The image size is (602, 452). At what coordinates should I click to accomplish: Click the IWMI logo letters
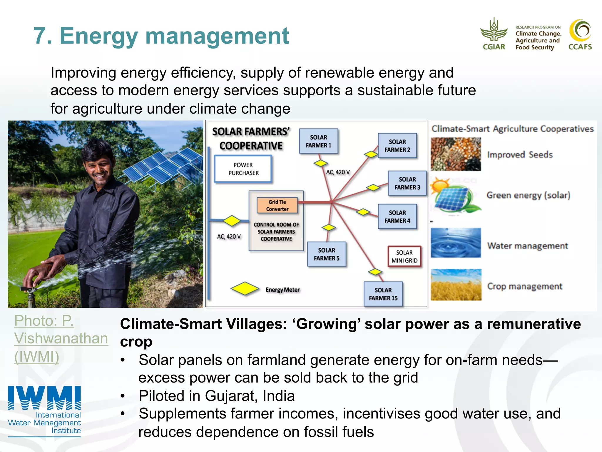pos(44,398)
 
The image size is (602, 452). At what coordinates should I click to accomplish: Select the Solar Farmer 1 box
pos(318,141)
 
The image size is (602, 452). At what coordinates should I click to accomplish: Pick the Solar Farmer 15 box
pos(383,294)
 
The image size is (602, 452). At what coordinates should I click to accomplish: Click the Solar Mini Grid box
pos(404,256)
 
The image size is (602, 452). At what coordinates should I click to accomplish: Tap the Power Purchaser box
pos(243,169)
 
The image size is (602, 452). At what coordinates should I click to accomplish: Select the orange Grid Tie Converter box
pos(277,205)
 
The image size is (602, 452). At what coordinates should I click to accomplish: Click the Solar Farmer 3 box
pos(407,183)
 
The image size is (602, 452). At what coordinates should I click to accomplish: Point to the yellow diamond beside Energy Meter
pos(245,288)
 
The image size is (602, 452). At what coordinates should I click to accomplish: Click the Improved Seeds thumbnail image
pos(456,154)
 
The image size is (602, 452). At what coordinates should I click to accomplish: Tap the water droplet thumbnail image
pos(456,243)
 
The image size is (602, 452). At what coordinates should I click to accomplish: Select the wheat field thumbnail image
pos(456,285)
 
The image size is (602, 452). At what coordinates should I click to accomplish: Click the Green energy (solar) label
pos(528,195)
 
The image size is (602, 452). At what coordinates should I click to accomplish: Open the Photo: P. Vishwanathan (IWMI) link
pos(61,338)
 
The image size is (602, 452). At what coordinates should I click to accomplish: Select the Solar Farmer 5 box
pos(327,254)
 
